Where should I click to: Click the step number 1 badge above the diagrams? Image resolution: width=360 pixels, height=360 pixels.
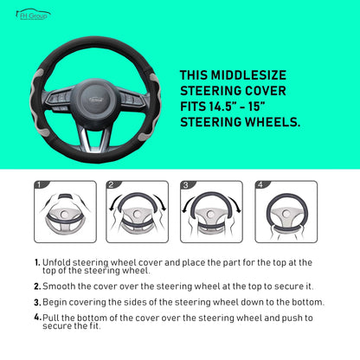click(x=39, y=184)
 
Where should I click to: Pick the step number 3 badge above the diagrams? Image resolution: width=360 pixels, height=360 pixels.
click(x=185, y=184)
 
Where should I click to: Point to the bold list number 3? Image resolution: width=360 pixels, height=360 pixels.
click(x=36, y=302)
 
